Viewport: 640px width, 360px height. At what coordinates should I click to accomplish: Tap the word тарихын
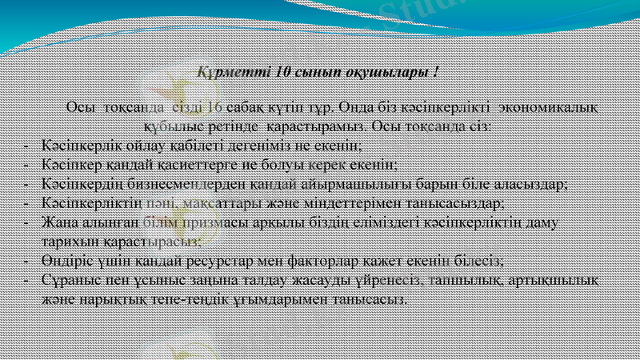click(x=69, y=240)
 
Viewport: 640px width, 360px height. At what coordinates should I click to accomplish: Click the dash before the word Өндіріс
click(x=26, y=260)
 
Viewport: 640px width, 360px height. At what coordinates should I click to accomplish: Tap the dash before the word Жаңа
click(x=26, y=222)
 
